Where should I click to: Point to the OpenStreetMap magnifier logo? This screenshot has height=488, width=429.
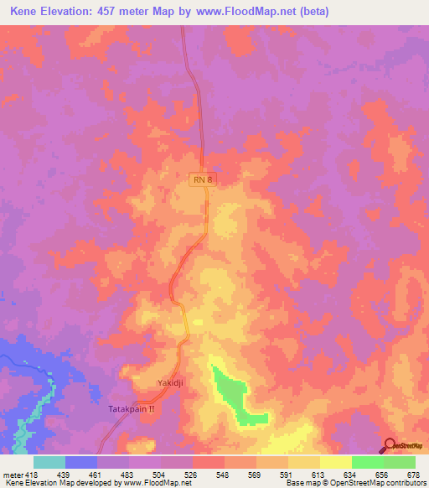[x=391, y=446]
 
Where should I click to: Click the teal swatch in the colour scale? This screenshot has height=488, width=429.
[x=49, y=462]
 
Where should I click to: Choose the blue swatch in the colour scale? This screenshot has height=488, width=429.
[x=81, y=462]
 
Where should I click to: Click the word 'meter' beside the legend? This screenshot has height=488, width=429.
[x=12, y=475]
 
